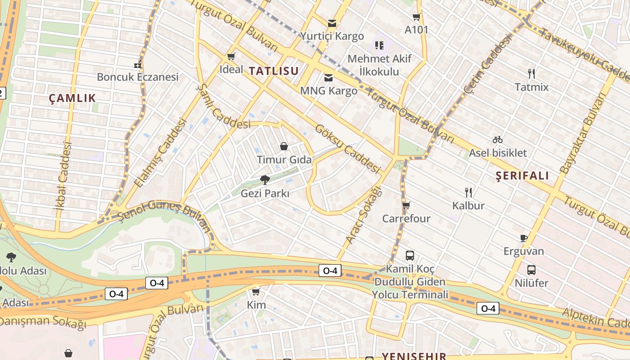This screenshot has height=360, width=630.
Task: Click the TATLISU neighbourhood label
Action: pyautogui.click(x=274, y=71)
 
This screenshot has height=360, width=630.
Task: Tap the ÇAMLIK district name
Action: pyautogui.click(x=72, y=98)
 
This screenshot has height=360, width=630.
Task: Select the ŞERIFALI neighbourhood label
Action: pyautogui.click(x=522, y=175)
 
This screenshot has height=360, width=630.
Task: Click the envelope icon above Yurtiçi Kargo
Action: pyautogui.click(x=332, y=23)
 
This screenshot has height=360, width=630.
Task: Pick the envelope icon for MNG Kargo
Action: pyautogui.click(x=328, y=78)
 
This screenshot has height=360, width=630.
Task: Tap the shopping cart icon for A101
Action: pyautogui.click(x=416, y=17)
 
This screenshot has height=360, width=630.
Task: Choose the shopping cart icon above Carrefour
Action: pyautogui.click(x=406, y=206)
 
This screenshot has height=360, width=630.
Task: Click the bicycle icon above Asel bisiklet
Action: pyautogui.click(x=497, y=139)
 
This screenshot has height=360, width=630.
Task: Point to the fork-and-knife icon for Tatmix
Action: pyautogui.click(x=531, y=73)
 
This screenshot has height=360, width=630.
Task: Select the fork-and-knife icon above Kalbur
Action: pyautogui.click(x=468, y=193)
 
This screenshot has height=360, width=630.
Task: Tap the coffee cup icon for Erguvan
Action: pyautogui.click(x=523, y=238)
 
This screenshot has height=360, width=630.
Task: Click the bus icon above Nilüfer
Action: pyautogui.click(x=531, y=270)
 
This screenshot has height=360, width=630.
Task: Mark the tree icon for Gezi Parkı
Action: pyautogui.click(x=265, y=180)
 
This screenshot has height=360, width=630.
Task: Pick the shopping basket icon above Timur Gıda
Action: pyautogui.click(x=284, y=146)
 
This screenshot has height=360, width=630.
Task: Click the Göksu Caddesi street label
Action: pyautogui.click(x=348, y=149)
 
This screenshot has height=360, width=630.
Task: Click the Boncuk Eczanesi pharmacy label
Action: pyautogui.click(x=138, y=77)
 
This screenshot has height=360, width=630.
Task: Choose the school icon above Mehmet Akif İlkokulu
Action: pyautogui.click(x=379, y=45)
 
